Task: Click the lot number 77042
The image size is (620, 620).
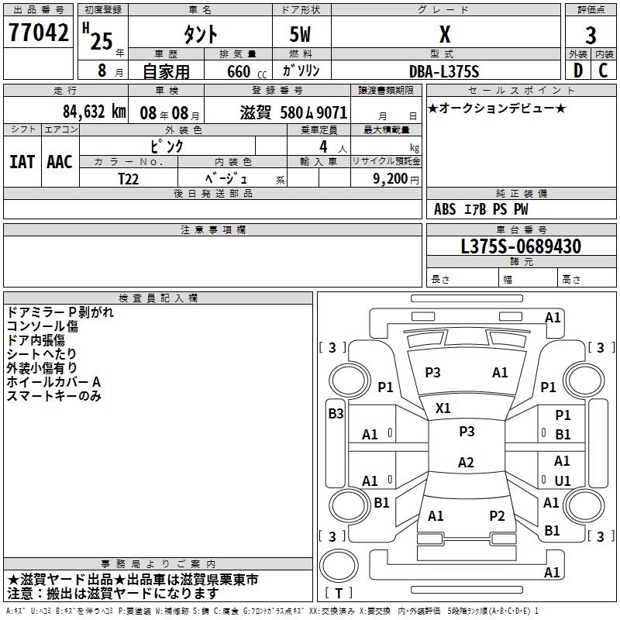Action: [x=40, y=33]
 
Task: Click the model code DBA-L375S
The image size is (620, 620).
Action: [x=444, y=71]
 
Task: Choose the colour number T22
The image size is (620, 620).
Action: [x=129, y=178]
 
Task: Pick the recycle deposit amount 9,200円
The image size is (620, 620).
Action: [x=395, y=178]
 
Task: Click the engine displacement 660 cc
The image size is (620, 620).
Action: [x=239, y=71]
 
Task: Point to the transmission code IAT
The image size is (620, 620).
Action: [x=22, y=161]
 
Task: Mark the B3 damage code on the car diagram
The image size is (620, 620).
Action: [x=336, y=414]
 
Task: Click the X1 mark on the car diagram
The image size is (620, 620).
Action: [x=443, y=408]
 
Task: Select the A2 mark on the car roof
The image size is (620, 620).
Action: [x=465, y=463]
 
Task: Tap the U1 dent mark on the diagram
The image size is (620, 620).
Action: [x=563, y=481]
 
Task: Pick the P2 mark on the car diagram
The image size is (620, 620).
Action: [x=497, y=515]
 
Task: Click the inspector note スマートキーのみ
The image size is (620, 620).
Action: [x=54, y=396]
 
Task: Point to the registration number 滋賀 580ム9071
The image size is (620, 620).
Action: [x=294, y=112]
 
